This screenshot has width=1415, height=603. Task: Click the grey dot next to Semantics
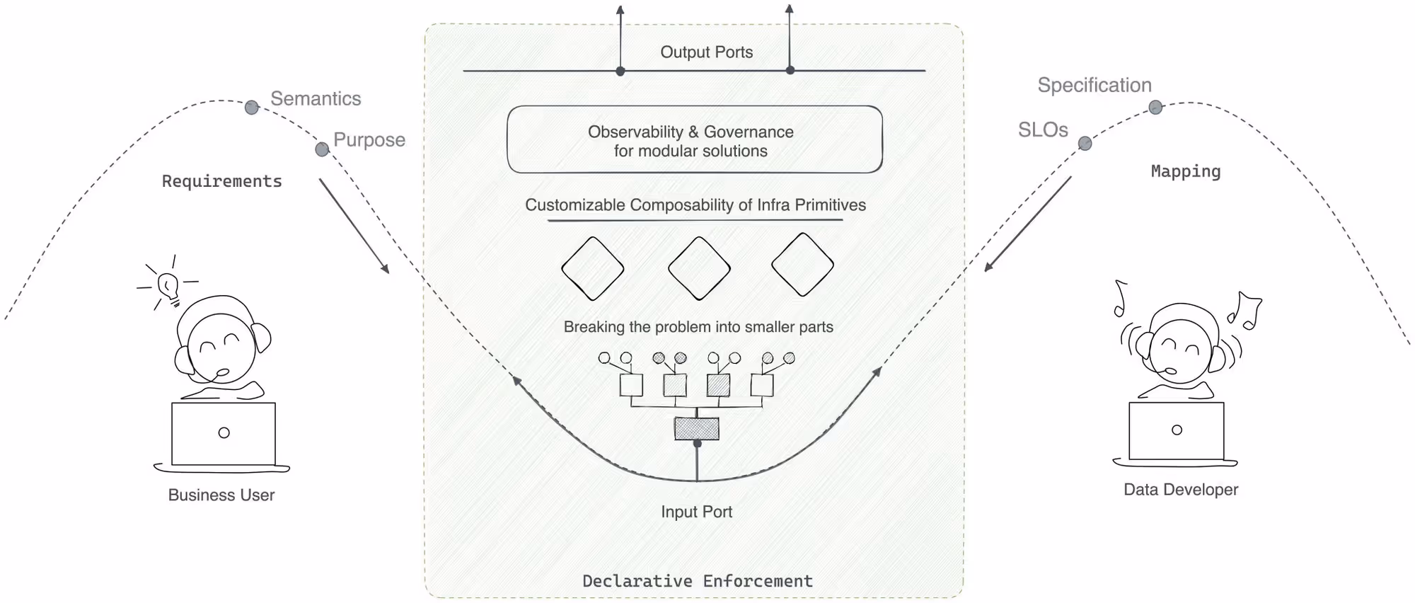pos(252,108)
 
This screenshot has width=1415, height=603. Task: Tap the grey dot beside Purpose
pos(322,149)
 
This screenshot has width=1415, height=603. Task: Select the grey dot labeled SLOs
pos(1085,144)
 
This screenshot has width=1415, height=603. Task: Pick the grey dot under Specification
pos(1155,108)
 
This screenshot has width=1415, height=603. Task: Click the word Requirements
pos(221,181)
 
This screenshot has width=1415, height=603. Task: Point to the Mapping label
pos(1185,171)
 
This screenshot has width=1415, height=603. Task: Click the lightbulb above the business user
pos(168,285)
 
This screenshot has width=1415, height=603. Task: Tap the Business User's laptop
pos(224,433)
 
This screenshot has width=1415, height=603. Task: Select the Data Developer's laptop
pos(1176,430)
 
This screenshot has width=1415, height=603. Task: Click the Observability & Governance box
pos(694,140)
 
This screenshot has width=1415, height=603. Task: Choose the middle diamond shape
pos(699,268)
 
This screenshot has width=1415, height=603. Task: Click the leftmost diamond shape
pos(592,268)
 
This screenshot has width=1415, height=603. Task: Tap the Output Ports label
pos(706,52)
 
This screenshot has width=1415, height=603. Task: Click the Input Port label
pos(696,512)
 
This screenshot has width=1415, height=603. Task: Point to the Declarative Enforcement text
pos(697,581)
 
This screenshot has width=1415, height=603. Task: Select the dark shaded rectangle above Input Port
pos(696,428)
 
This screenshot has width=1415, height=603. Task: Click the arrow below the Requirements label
pos(354,225)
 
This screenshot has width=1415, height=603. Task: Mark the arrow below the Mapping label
pos(1028,223)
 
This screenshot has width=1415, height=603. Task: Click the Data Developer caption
pos(1180,490)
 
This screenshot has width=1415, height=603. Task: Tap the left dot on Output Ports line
pos(620,71)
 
